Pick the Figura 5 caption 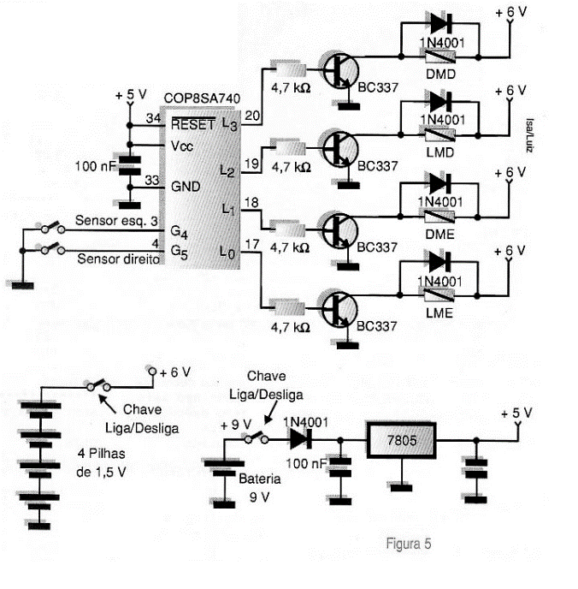[x=409, y=543]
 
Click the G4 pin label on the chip [x=178, y=231]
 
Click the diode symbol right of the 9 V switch [x=299, y=438]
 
